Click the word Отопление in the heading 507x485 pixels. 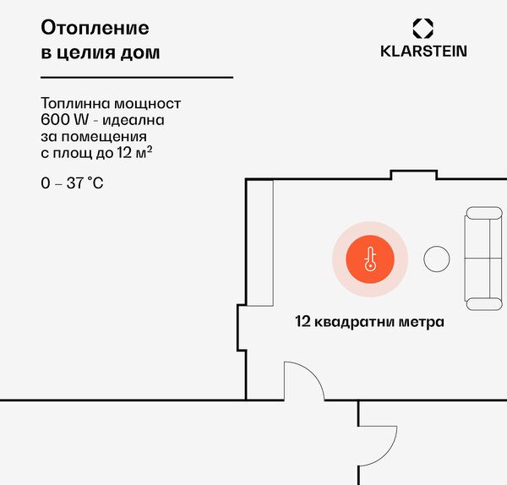coord(95,28)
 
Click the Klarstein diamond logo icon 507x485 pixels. coord(423,29)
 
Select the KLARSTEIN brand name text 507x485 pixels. coord(423,52)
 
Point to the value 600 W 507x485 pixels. coord(65,120)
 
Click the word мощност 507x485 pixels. coord(148,103)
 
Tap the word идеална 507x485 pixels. coord(134,120)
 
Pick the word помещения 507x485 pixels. coord(104,136)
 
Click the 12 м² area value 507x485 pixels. coord(134,153)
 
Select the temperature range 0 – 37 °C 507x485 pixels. coord(72,183)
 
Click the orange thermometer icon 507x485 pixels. coord(370,259)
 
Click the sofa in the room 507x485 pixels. coord(483,259)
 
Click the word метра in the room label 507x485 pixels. coord(422,322)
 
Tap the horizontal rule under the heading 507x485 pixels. coord(137,77)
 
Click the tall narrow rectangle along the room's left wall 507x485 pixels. coord(259,243)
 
